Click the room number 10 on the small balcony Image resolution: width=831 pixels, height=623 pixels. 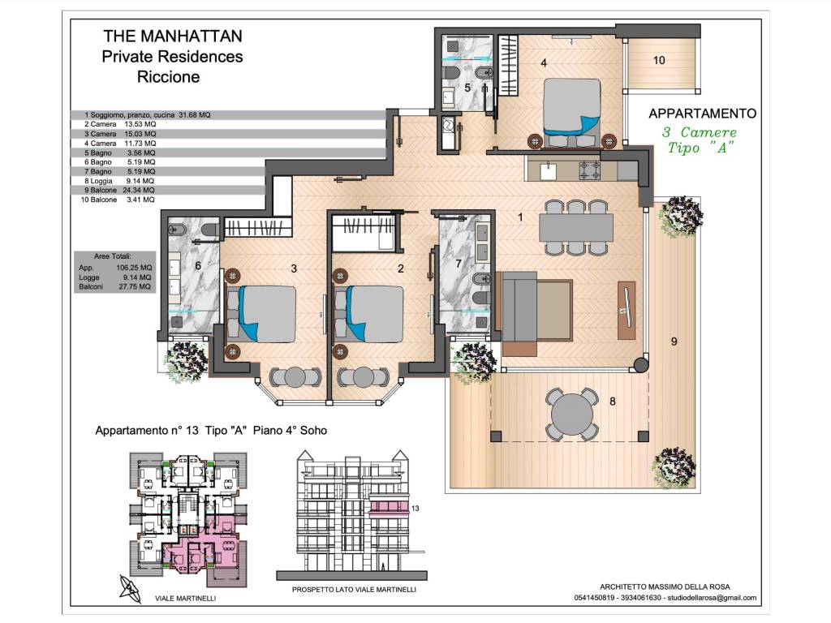coord(659,60)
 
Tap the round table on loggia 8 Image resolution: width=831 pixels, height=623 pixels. coord(572,414)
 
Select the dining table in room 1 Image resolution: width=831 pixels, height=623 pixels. coord(576,227)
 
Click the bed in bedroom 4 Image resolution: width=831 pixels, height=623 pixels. coord(572,112)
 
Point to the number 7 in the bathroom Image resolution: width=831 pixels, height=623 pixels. coord(459,264)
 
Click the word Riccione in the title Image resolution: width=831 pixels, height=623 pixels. coord(169,77)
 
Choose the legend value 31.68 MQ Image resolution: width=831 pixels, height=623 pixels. coord(195,114)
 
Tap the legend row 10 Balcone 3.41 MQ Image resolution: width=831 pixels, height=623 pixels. coord(118,200)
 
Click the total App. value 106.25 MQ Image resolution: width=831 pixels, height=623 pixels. coord(134,268)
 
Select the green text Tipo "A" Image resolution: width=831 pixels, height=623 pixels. coord(700,148)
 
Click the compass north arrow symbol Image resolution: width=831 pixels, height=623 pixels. coord(130,589)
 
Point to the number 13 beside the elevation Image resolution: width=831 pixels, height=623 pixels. coord(415,508)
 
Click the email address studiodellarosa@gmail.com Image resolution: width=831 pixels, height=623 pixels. coord(712,598)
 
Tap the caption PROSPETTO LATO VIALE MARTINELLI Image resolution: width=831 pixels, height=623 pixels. coord(354,590)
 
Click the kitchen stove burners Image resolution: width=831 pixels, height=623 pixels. coord(589,171)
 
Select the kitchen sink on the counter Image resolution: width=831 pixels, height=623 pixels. coord(548,171)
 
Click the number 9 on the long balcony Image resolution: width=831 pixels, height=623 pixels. coord(674,342)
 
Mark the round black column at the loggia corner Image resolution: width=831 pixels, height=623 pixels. coord(641,365)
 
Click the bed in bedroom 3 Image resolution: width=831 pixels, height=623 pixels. coord(261,314)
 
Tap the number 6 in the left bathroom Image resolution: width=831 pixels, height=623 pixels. coord(198,265)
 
